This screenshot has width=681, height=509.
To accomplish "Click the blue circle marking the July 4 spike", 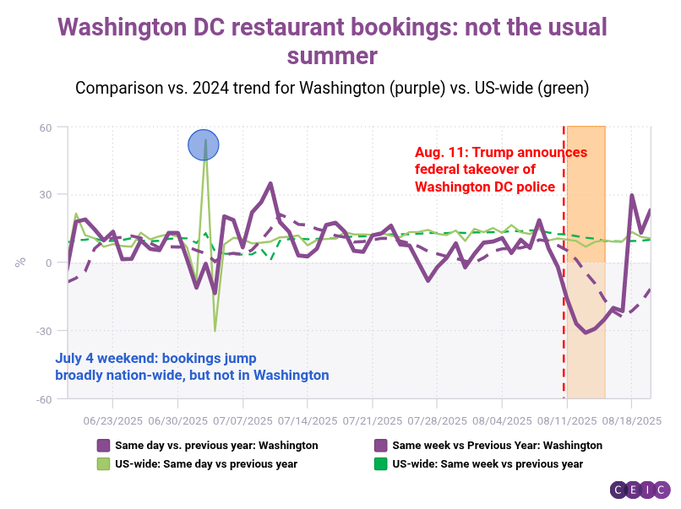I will point(204,145).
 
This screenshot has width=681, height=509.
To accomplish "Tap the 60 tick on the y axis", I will point(44,127).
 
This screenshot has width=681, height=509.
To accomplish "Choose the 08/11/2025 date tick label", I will point(564,420).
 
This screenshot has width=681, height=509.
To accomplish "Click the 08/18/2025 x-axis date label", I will point(630,420).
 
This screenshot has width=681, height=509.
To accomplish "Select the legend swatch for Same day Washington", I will point(104,445).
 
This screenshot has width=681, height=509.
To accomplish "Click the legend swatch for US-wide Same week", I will point(381,463).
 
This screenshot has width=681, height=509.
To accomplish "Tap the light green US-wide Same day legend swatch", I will point(104,463).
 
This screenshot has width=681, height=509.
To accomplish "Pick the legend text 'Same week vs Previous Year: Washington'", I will point(497,445).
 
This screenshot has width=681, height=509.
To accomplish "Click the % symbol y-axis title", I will point(20,262).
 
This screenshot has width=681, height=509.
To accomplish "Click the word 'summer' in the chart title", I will point(331,56).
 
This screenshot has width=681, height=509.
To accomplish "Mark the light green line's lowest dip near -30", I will point(215,329).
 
